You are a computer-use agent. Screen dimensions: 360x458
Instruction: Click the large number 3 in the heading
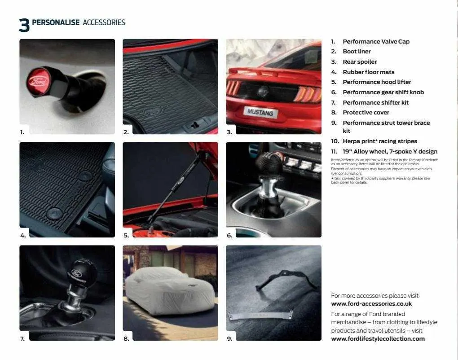[x=24, y=25]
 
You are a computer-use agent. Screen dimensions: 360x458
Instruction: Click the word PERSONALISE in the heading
[x=56, y=22]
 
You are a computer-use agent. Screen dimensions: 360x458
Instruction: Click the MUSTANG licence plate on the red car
[x=260, y=112]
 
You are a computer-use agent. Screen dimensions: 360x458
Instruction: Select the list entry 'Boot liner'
[x=357, y=52]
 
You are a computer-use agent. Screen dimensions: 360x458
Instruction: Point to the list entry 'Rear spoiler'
[x=359, y=62]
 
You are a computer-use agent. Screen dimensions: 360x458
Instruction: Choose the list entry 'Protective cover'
[x=366, y=113]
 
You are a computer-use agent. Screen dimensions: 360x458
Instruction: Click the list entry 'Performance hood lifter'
[x=376, y=82]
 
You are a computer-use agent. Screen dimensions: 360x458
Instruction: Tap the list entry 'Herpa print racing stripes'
[x=379, y=141]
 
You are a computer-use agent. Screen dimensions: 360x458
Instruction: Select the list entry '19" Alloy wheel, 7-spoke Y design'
[x=389, y=152]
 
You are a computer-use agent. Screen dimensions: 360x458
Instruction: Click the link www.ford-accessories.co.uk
[x=371, y=304]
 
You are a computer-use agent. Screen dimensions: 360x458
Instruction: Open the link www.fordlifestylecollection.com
[x=378, y=339]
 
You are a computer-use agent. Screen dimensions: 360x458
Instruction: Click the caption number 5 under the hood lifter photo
[x=126, y=235]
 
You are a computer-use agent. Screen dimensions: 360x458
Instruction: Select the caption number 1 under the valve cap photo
[x=22, y=132]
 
